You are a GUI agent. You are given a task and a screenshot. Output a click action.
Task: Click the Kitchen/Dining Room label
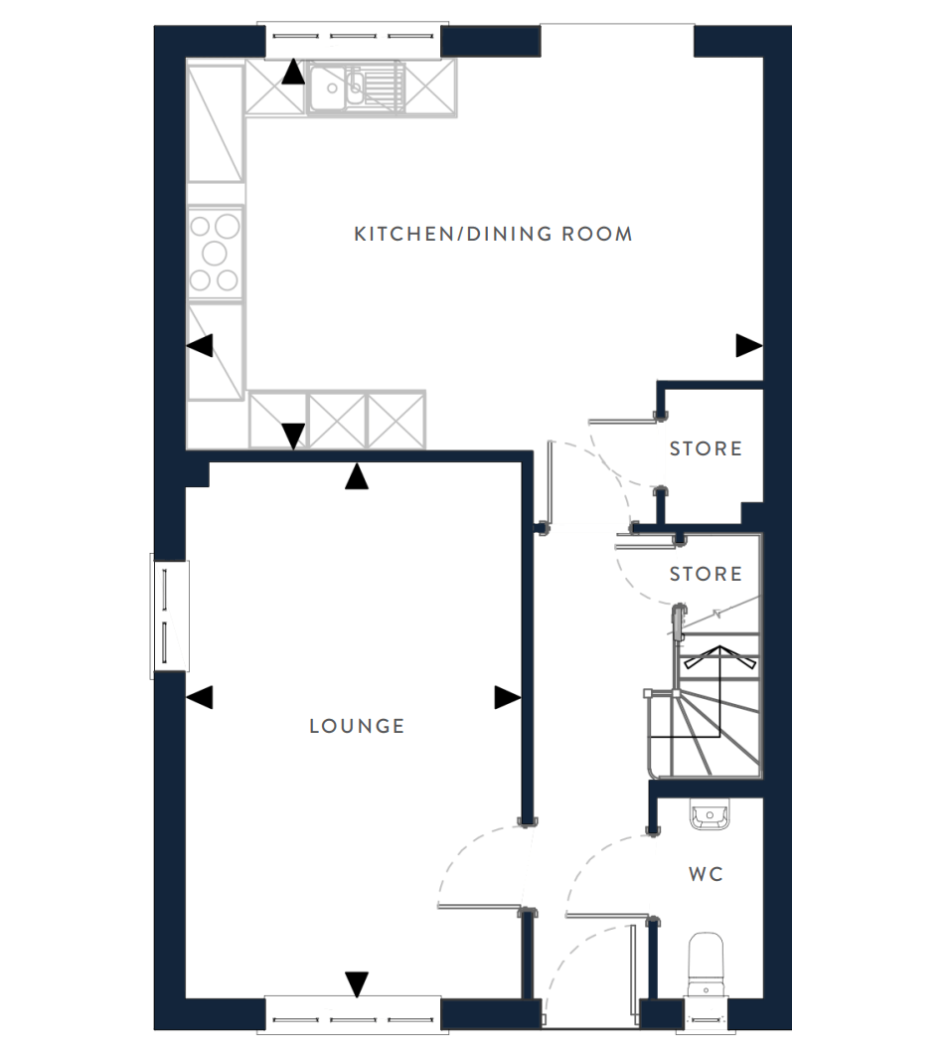coord(493,234)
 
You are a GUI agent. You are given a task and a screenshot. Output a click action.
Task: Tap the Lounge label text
coord(357,726)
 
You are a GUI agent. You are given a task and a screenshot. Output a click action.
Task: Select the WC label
coord(706,874)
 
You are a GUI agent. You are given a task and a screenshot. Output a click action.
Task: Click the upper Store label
coord(706,448)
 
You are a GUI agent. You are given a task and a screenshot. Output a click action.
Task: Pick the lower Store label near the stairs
coord(706,574)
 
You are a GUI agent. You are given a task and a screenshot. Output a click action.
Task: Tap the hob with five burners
coord(215,253)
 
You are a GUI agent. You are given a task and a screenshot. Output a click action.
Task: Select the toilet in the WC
coord(707,964)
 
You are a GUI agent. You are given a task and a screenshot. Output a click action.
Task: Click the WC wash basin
coord(709,814)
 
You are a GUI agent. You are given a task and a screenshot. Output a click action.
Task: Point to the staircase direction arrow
coord(719,690)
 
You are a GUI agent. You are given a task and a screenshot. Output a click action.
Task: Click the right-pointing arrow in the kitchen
coord(748,346)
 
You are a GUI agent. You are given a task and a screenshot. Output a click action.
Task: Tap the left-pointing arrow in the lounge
coord(200,698)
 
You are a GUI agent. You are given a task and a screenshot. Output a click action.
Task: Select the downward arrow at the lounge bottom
coord(357,984)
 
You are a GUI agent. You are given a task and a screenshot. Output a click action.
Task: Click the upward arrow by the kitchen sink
coord(293,72)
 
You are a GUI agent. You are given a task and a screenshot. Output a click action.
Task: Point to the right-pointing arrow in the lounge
coord(507,698)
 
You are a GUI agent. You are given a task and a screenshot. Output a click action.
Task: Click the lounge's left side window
coord(169,616)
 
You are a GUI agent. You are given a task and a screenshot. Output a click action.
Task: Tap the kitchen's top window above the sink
coord(353,40)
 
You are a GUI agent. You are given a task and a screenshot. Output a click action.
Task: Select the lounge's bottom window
coord(353,1014)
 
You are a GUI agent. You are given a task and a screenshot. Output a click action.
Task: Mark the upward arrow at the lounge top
coord(357,475)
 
